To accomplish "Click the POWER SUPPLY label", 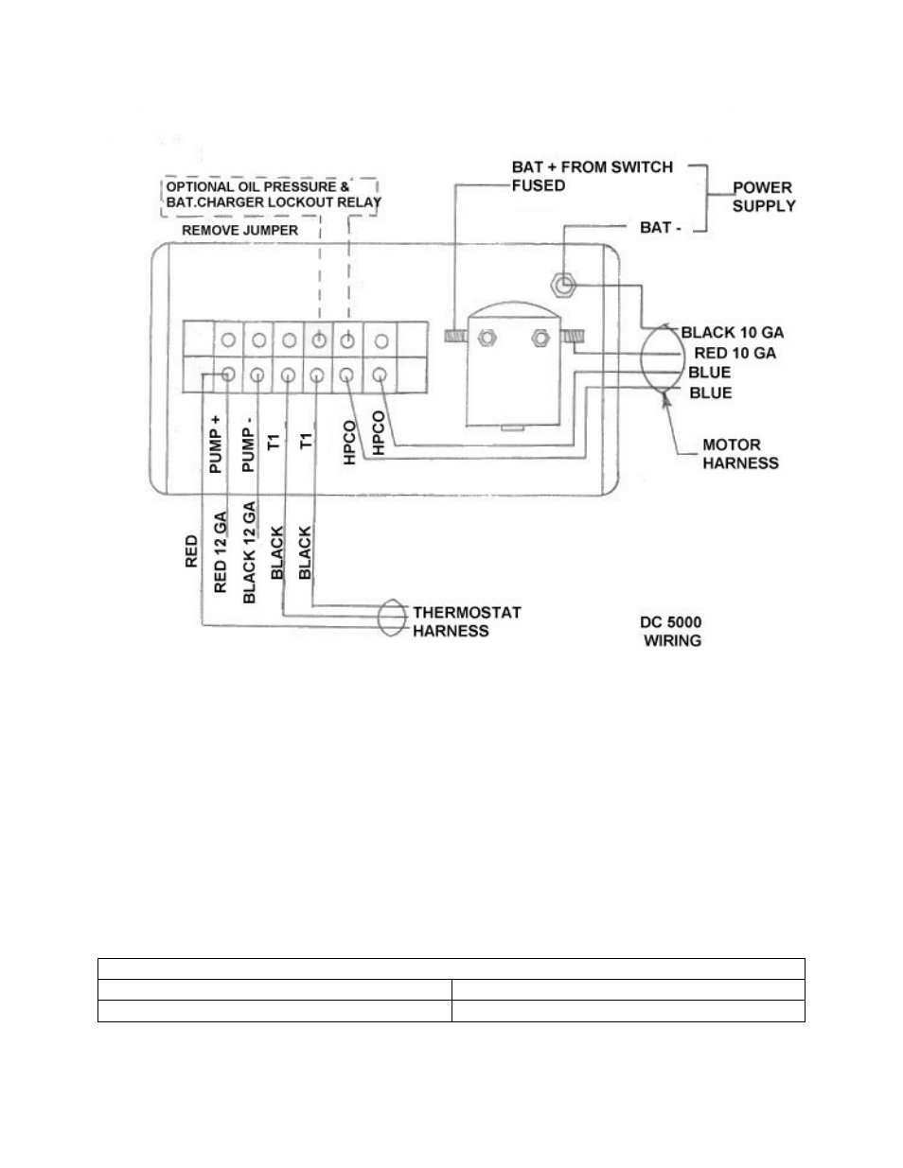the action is [x=764, y=197].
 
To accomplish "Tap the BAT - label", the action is [x=661, y=228].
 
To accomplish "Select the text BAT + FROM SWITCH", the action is [x=593, y=167].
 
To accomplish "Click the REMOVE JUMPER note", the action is [x=239, y=230].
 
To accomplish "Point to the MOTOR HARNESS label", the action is [x=740, y=454].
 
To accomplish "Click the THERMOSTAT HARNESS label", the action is [x=467, y=621].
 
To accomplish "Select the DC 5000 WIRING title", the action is [x=671, y=631].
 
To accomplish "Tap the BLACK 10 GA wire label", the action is [x=733, y=333].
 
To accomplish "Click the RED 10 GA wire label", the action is [x=735, y=353].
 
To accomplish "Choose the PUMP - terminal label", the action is [x=248, y=444].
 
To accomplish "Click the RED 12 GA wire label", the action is [x=221, y=551].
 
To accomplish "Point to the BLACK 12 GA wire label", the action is [x=249, y=552].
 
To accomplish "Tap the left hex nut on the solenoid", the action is [x=487, y=338].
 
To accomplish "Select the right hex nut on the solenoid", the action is [x=540, y=338].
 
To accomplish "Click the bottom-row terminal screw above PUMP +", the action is [x=228, y=375].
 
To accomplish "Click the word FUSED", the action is [x=539, y=186].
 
